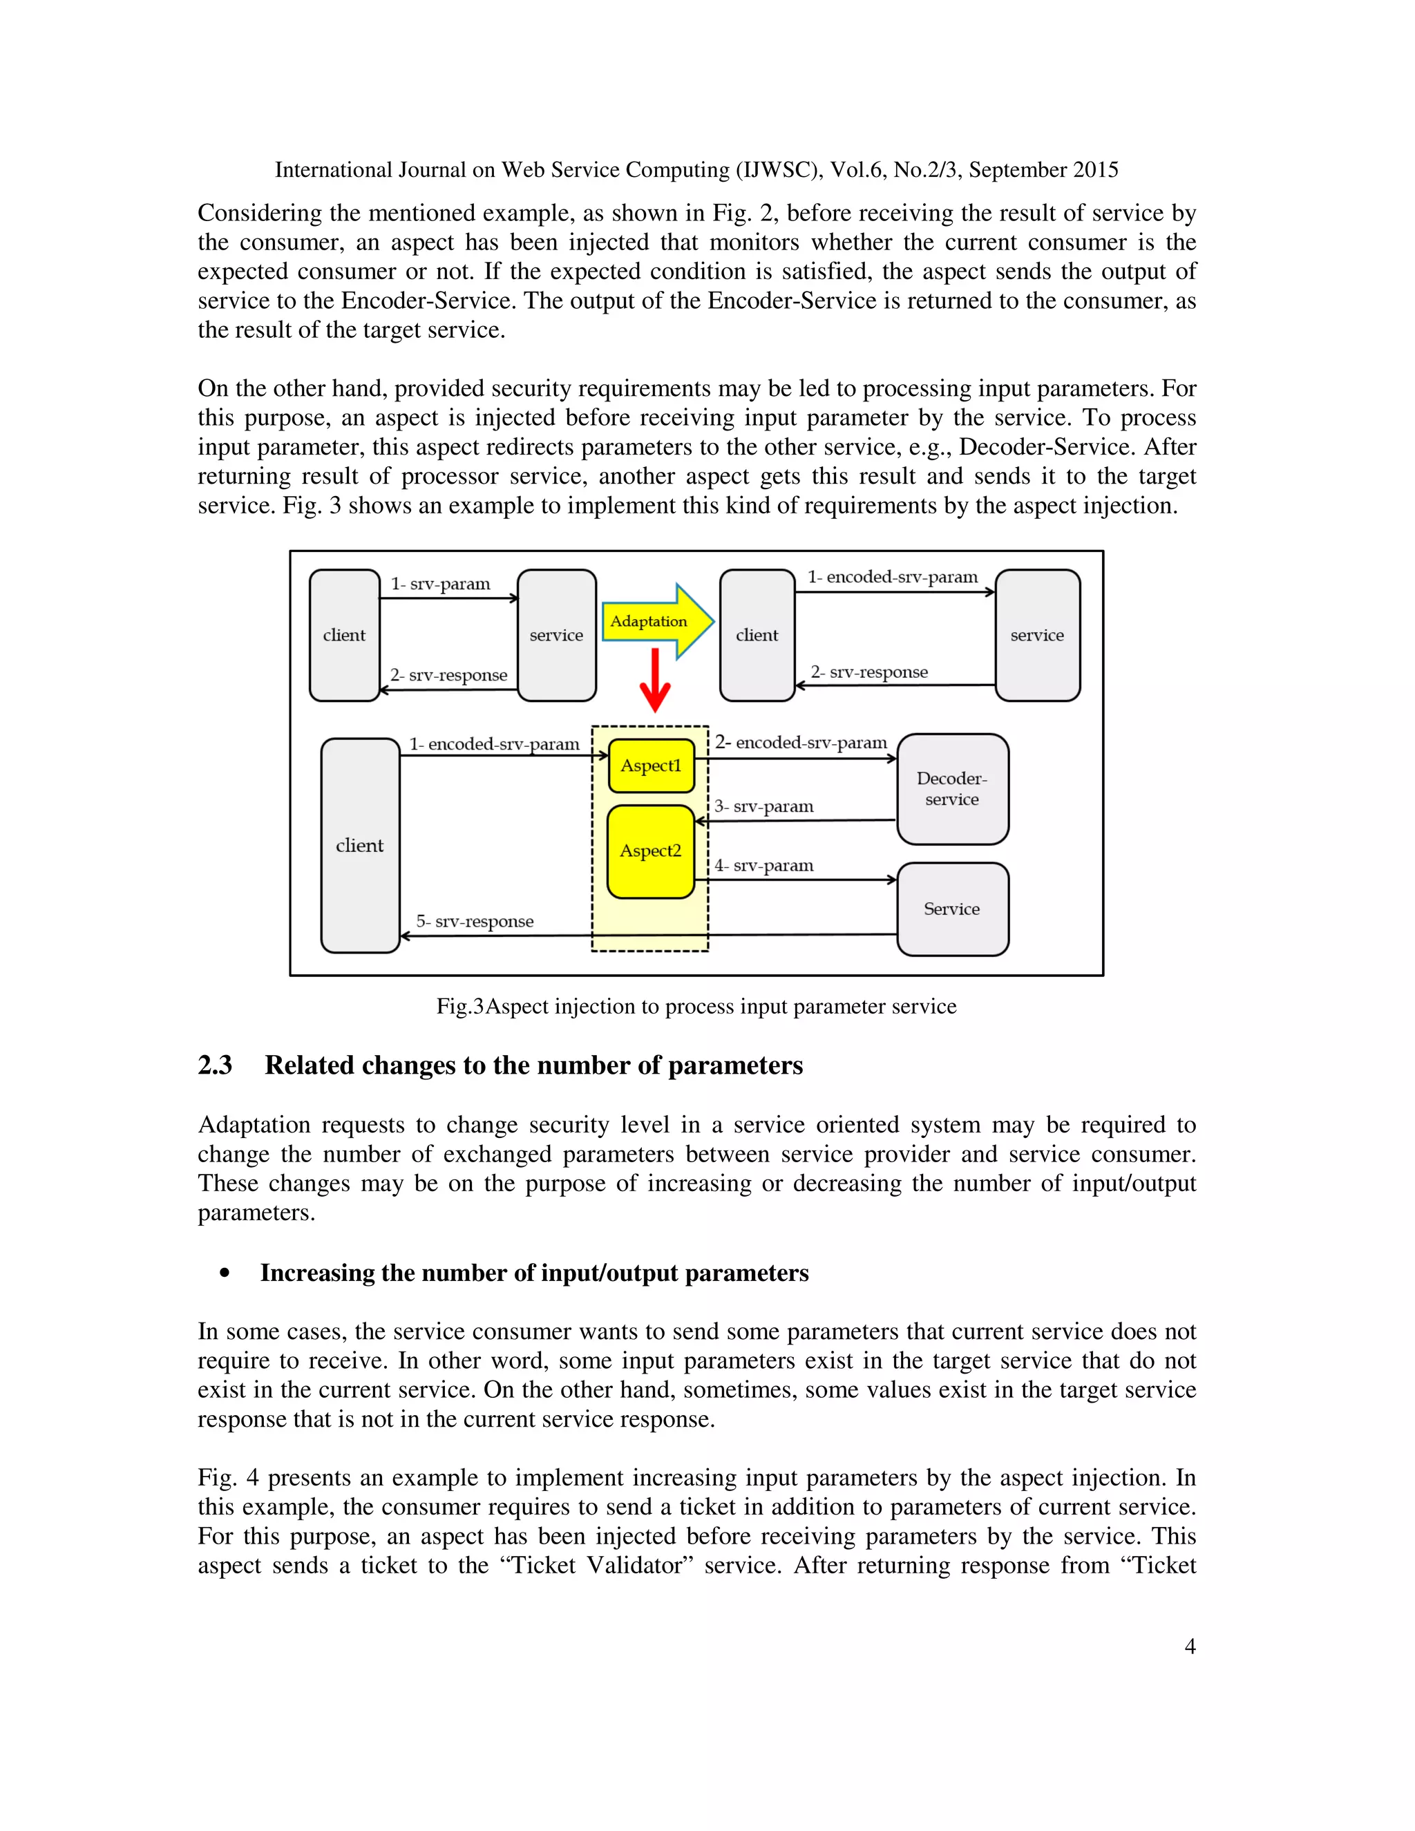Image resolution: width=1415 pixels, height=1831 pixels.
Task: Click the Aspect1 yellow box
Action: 652,766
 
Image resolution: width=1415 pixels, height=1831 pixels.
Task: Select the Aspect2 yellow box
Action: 650,852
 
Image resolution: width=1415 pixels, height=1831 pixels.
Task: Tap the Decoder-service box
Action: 952,789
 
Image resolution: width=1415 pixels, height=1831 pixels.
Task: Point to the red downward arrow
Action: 655,680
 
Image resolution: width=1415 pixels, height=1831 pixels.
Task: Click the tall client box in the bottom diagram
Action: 359,845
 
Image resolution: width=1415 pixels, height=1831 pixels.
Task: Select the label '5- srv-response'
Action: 475,920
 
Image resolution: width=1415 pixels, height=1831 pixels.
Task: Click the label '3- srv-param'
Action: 763,806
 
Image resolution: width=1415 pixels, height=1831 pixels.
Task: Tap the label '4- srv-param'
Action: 763,865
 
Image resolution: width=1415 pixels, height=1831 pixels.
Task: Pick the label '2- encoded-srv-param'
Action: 801,743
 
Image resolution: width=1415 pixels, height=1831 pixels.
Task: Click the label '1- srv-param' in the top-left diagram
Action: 440,584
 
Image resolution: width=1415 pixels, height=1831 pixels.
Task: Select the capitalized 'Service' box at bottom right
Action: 952,909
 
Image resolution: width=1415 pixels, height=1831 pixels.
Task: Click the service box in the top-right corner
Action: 1037,635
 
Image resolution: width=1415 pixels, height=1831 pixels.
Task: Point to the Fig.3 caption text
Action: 696,1006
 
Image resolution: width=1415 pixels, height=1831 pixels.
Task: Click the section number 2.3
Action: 215,1065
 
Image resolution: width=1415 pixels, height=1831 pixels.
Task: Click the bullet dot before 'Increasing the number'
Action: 224,1273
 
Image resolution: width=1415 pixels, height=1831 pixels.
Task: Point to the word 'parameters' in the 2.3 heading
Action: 735,1065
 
